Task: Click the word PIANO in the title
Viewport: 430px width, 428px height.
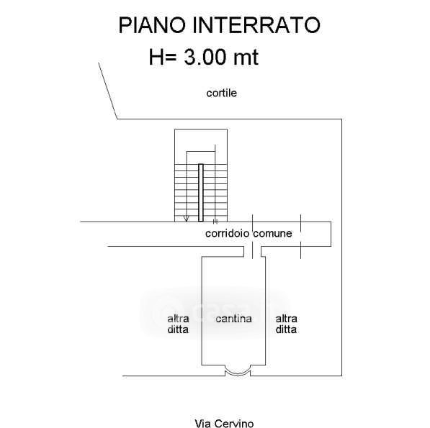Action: tap(152, 25)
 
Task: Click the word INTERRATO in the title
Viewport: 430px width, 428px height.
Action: tap(256, 25)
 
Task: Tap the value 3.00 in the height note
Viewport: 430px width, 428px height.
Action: tap(205, 57)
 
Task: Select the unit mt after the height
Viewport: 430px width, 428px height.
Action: tap(246, 58)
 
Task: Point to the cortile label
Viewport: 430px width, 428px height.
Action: tap(222, 93)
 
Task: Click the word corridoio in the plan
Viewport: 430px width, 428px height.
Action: tap(228, 233)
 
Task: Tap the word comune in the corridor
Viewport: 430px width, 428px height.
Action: tap(272, 233)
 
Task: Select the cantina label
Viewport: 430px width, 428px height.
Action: tap(233, 319)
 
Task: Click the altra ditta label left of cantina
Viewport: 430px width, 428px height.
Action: tap(178, 324)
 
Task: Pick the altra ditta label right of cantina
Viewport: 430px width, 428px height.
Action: tap(286, 324)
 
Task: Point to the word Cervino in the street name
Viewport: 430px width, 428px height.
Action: tap(234, 424)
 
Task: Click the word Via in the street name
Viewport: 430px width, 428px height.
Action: tap(203, 424)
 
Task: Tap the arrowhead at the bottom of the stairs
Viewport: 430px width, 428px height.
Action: tap(187, 219)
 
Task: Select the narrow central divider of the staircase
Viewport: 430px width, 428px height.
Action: tap(201, 193)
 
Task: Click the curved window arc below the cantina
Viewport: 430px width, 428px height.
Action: tap(238, 373)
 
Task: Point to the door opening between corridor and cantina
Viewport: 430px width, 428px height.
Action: tap(252, 251)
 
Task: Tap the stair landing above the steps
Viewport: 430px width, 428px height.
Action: tap(201, 147)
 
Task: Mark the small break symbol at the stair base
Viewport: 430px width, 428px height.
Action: tap(215, 221)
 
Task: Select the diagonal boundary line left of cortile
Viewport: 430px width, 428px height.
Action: tap(108, 91)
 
